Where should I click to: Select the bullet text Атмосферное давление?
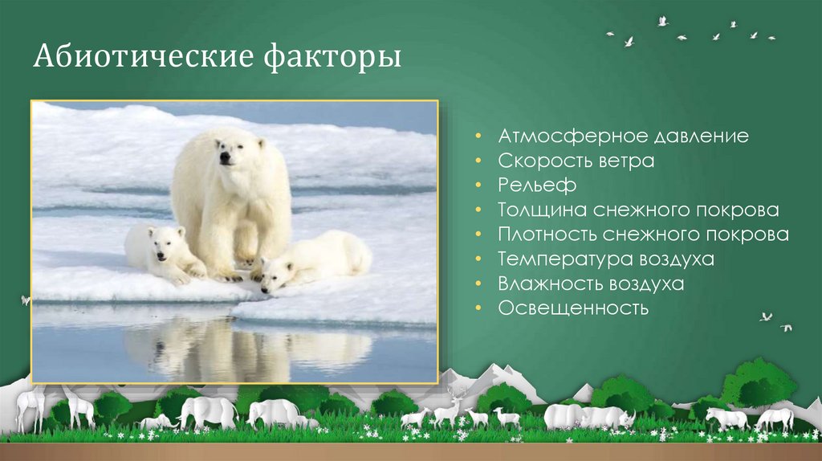[623, 136]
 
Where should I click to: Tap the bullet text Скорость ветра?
[576, 161]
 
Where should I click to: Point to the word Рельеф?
[537, 186]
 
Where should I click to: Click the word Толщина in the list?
[542, 210]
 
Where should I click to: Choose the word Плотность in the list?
[547, 235]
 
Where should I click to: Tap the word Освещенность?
[572, 308]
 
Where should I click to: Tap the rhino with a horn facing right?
[609, 416]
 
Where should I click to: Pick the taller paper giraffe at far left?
[31, 405]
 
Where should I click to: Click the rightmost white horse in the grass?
[775, 418]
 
